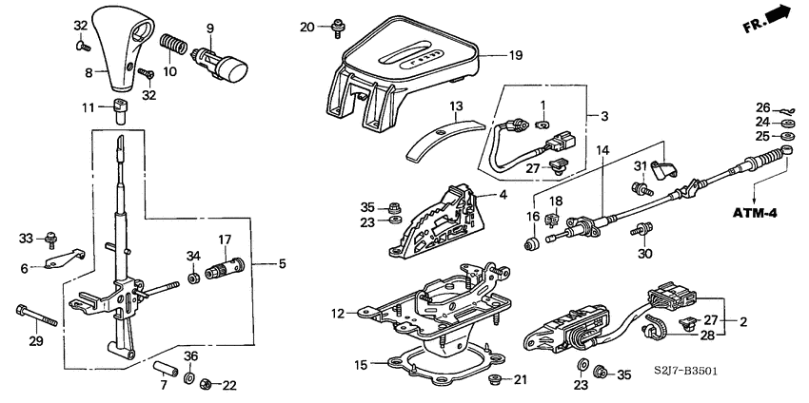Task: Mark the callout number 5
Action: pos(281,262)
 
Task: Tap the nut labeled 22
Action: pos(205,385)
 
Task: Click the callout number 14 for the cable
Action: pos(602,149)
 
